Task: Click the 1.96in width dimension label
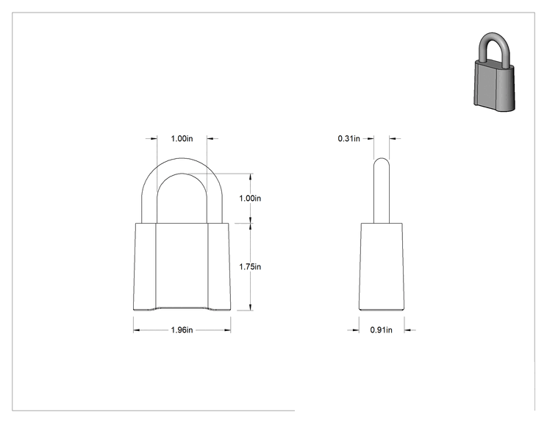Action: coord(182,330)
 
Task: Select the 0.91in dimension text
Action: coord(381,330)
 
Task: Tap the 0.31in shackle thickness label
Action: coord(348,138)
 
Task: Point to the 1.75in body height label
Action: coord(250,266)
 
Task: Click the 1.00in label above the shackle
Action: coord(182,138)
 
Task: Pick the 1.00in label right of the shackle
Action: coord(250,198)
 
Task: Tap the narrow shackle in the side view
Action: coord(382,191)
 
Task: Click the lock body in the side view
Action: coord(382,266)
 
